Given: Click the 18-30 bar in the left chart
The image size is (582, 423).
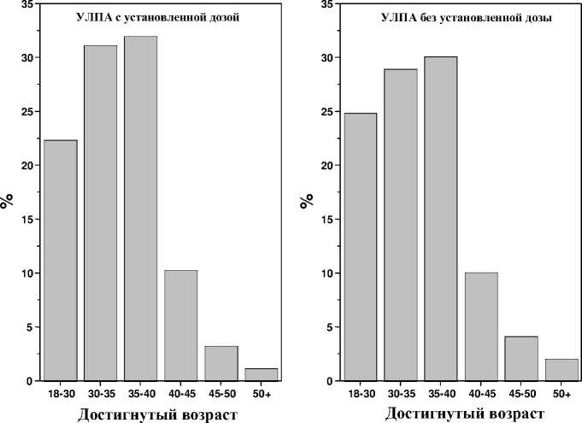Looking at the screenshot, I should tap(61, 260).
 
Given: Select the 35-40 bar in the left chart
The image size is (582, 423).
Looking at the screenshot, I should tap(141, 209).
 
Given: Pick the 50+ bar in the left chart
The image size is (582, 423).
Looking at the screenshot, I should tap(261, 374).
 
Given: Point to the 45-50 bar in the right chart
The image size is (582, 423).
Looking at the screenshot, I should tap(520, 358).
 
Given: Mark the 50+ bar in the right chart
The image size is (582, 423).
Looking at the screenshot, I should tap(561, 369).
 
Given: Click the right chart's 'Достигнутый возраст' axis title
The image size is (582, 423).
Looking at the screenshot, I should tap(464, 414).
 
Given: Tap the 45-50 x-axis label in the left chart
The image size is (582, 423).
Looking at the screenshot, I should tap(220, 393).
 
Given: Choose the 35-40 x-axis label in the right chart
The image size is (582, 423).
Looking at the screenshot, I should tap(440, 393).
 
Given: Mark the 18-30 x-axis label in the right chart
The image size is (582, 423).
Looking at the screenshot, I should tap(360, 393).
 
